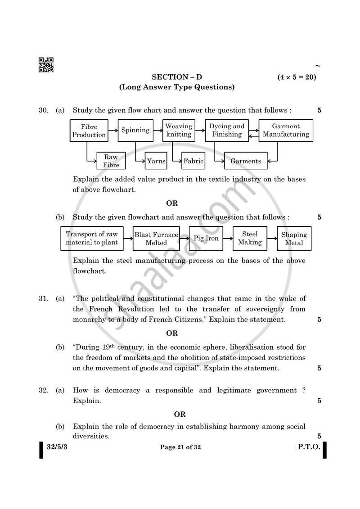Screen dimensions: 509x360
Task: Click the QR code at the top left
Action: [46, 65]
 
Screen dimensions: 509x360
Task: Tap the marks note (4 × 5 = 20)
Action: [297, 77]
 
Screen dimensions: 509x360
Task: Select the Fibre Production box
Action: [89, 131]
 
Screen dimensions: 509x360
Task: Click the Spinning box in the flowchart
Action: [135, 131]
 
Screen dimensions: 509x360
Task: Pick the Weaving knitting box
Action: [179, 131]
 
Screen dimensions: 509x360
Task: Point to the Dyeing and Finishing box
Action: [226, 131]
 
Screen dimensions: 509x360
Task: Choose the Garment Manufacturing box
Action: [286, 131]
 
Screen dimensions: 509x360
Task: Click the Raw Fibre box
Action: [111, 161]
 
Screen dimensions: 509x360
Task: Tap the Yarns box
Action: [156, 161]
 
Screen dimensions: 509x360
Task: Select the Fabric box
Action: [193, 161]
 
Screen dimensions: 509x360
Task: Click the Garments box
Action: [246, 161]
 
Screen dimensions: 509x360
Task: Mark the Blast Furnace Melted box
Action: [156, 239]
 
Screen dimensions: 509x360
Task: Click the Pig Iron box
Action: [206, 239]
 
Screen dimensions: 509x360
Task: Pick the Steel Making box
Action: [250, 239]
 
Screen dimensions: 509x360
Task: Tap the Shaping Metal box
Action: [294, 239]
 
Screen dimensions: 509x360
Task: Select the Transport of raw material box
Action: [92, 239]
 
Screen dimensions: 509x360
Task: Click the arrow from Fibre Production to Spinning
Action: [113, 131]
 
